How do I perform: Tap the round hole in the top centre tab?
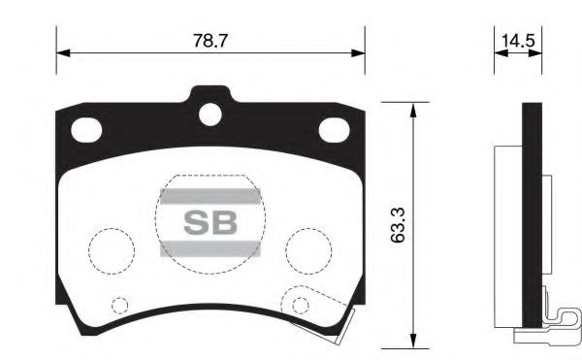[210, 114]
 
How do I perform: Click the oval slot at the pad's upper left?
[87, 127]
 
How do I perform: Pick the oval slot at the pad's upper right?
[334, 127]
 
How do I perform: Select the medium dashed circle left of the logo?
[110, 249]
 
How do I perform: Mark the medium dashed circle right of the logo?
[309, 249]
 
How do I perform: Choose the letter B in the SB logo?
[225, 222]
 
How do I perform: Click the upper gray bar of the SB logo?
[210, 195]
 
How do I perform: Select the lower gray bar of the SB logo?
[210, 249]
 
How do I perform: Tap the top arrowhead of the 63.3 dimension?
[414, 107]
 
